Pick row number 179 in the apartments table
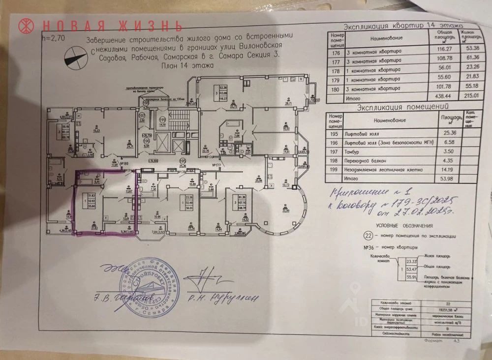[x=337, y=80]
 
